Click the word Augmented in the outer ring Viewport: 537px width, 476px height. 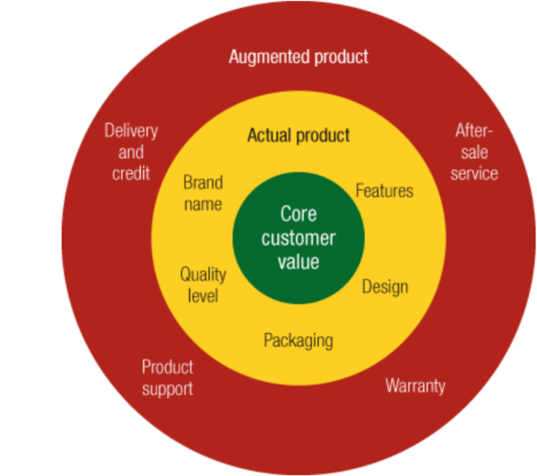pyautogui.click(x=270, y=57)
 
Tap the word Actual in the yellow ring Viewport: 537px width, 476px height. pyautogui.click(x=270, y=135)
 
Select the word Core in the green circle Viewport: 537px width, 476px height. pyautogui.click(x=299, y=214)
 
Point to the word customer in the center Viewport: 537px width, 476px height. pyautogui.click(x=299, y=238)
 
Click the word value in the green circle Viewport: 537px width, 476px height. pyautogui.click(x=299, y=262)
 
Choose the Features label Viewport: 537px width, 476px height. pyautogui.click(x=385, y=190)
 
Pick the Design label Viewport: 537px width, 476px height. pyautogui.click(x=385, y=287)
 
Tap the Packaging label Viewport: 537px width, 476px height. pyautogui.click(x=299, y=341)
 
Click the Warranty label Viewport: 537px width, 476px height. pyautogui.click(x=415, y=386)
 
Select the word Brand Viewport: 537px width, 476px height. pyautogui.click(x=204, y=182)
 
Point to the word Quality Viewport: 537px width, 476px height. pyautogui.click(x=204, y=274)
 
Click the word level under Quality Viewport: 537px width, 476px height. pyautogui.click(x=203, y=296)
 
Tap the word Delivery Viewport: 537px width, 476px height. pyautogui.click(x=131, y=131)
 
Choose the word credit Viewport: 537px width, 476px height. pyautogui.click(x=131, y=173)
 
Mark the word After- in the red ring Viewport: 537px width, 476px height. pyautogui.click(x=473, y=131)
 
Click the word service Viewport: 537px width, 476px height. pyautogui.click(x=474, y=173)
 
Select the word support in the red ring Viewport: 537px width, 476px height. pyautogui.click(x=168, y=389)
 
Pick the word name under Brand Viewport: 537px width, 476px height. pyautogui.click(x=204, y=204)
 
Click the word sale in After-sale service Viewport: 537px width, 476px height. pyautogui.click(x=474, y=152)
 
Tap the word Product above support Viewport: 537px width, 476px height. pyautogui.click(x=168, y=368)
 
